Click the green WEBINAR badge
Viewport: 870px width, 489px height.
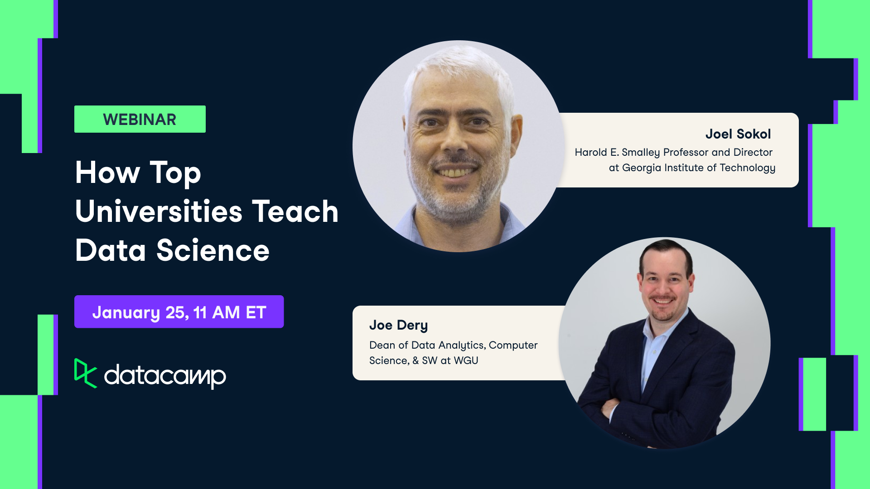(140, 119)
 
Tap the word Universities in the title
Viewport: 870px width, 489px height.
(159, 211)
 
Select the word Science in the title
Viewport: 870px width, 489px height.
(213, 250)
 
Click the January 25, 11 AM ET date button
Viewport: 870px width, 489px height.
(179, 312)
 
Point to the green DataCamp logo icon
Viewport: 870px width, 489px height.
(85, 373)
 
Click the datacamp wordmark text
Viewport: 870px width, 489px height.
(165, 375)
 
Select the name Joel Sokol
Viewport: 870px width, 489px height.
(738, 134)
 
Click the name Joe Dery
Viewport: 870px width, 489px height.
(398, 325)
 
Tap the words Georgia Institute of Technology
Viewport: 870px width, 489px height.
(698, 168)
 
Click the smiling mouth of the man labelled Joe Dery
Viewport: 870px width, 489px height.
(662, 300)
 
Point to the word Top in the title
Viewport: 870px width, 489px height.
(175, 173)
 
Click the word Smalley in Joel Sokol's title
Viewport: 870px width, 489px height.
(640, 153)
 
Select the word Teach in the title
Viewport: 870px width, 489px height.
(295, 211)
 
